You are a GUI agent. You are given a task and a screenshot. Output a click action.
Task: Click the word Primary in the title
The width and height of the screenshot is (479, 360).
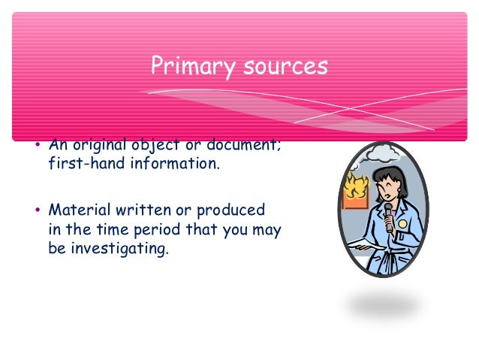coord(191,65)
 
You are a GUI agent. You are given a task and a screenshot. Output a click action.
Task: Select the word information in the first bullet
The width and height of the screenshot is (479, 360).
coord(173,165)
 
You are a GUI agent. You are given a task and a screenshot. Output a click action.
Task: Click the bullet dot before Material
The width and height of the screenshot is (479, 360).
coord(38,210)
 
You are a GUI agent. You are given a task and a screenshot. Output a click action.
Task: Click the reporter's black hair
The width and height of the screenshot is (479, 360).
coord(392,174)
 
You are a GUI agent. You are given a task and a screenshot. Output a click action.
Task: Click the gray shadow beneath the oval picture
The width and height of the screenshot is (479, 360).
coord(383,305)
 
